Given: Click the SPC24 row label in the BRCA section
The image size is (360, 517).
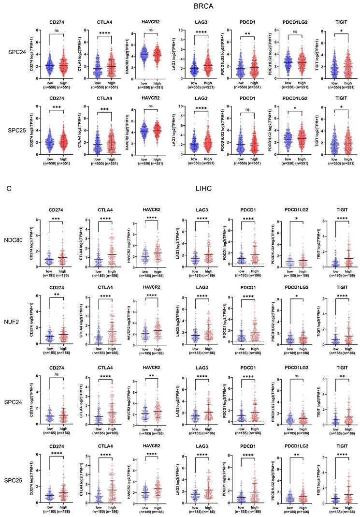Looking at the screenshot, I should [x=16, y=51].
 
